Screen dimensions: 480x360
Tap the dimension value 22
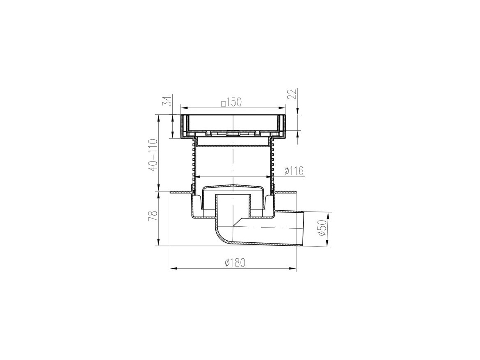[x=293, y=93]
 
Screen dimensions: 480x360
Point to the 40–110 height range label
[x=153, y=155]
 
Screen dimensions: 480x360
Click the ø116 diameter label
[x=294, y=171]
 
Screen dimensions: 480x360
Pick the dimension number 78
[x=153, y=216]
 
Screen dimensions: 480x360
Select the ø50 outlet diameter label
[x=322, y=229]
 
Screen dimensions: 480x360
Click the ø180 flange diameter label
[x=235, y=263]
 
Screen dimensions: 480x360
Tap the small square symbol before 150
[x=224, y=103]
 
